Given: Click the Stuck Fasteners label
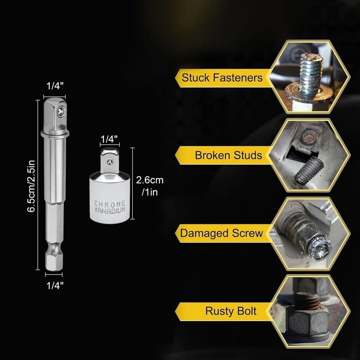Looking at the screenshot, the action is click(x=222, y=77).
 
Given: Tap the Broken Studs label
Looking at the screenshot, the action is click(x=229, y=155).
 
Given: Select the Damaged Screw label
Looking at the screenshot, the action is click(x=221, y=233).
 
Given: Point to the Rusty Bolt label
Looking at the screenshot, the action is click(x=231, y=311).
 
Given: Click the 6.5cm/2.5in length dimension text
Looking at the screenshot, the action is click(x=31, y=186).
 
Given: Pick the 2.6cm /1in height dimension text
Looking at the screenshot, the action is click(x=150, y=186).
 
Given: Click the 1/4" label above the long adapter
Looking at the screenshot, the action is click(x=55, y=86).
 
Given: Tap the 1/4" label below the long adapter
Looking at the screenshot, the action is click(x=55, y=286).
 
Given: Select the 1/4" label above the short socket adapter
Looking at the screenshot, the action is click(x=109, y=139).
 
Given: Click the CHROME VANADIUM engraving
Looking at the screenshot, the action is click(x=110, y=207).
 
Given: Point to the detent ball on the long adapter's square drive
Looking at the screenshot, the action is click(x=61, y=111).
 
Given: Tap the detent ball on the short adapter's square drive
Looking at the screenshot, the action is click(x=109, y=162).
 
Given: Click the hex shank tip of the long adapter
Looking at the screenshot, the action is click(x=54, y=261).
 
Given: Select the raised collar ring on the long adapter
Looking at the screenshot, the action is click(x=55, y=133).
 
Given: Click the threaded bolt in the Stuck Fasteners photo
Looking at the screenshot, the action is click(x=310, y=72).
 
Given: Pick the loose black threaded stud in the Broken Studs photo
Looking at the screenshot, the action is click(x=309, y=171).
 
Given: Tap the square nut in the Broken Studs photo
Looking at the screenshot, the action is click(x=308, y=139).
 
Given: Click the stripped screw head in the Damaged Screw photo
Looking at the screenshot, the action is click(x=319, y=249).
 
